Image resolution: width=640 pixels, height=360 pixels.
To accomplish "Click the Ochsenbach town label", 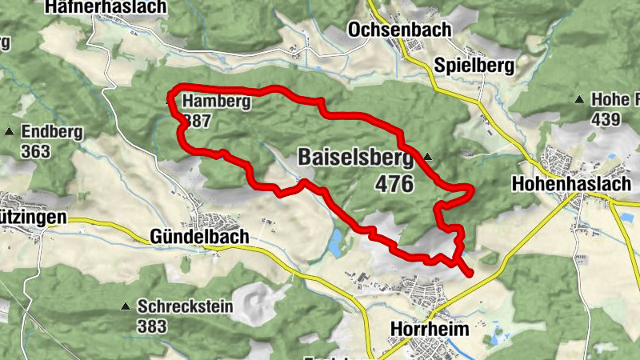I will point(399,30).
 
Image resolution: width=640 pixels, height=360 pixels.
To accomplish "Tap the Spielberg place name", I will point(474,66).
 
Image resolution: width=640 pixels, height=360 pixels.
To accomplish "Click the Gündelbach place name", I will point(199,237).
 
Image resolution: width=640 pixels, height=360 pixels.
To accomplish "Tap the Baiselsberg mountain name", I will point(358,157).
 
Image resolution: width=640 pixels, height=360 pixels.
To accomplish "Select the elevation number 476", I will point(393,184).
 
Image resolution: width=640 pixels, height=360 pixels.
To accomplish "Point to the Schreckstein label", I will point(185,306).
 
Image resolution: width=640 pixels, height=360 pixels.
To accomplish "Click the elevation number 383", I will point(151,326).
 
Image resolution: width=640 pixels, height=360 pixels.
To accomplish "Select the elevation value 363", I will point(36,151).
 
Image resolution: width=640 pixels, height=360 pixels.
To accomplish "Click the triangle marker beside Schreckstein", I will point(125,306).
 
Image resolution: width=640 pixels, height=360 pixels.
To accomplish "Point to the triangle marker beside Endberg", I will point(10,132).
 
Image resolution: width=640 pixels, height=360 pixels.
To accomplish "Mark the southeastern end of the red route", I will point(470,274).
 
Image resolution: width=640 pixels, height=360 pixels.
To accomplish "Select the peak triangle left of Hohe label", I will point(578,100).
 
